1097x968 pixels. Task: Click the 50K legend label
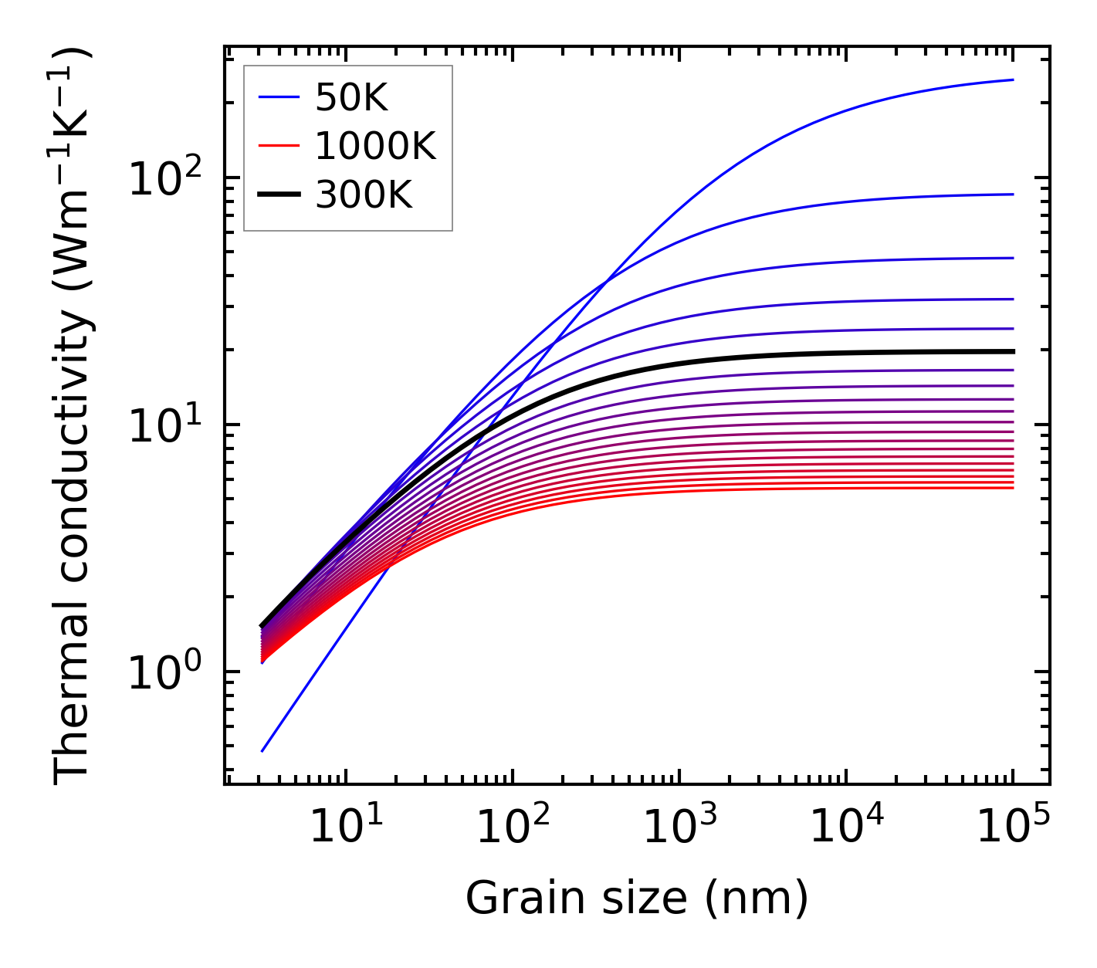[x=351, y=97]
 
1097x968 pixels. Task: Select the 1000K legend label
[x=375, y=146]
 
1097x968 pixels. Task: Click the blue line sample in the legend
[x=278, y=97]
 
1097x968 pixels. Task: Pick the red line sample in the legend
[x=278, y=146]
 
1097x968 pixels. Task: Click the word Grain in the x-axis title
[x=512, y=898]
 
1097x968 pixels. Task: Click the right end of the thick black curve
[x=1012, y=351]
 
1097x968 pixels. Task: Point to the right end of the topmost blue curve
[x=1012, y=80]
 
